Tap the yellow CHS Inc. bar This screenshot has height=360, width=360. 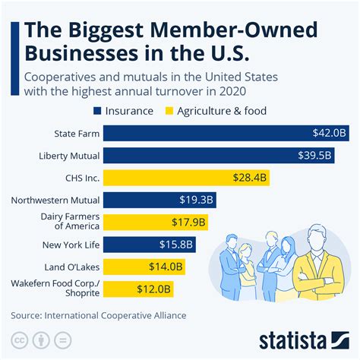coord(186,178)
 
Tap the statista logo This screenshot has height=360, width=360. coord(302,339)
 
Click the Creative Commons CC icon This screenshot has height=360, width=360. coord(17,339)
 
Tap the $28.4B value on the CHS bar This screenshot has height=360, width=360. coord(250,178)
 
